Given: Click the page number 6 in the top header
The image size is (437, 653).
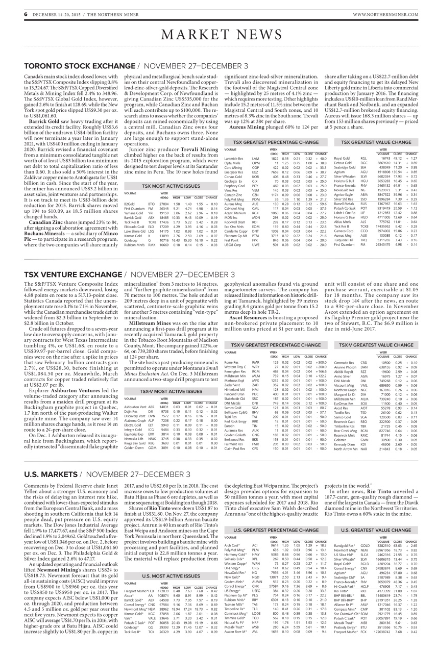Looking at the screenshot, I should click(11, 14).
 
